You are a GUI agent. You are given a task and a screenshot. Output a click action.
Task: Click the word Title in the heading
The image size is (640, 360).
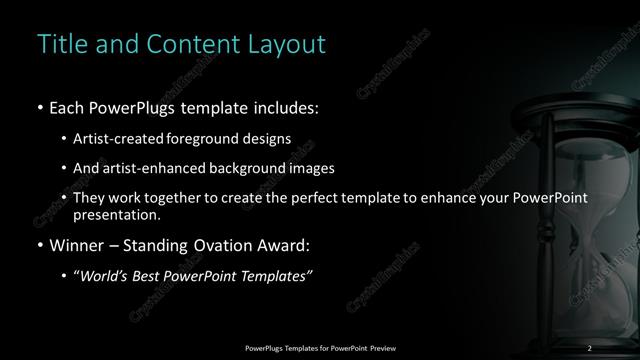(61, 45)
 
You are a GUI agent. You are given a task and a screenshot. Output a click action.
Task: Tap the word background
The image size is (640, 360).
(252, 168)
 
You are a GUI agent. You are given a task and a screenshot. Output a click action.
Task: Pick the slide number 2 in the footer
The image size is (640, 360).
(590, 347)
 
